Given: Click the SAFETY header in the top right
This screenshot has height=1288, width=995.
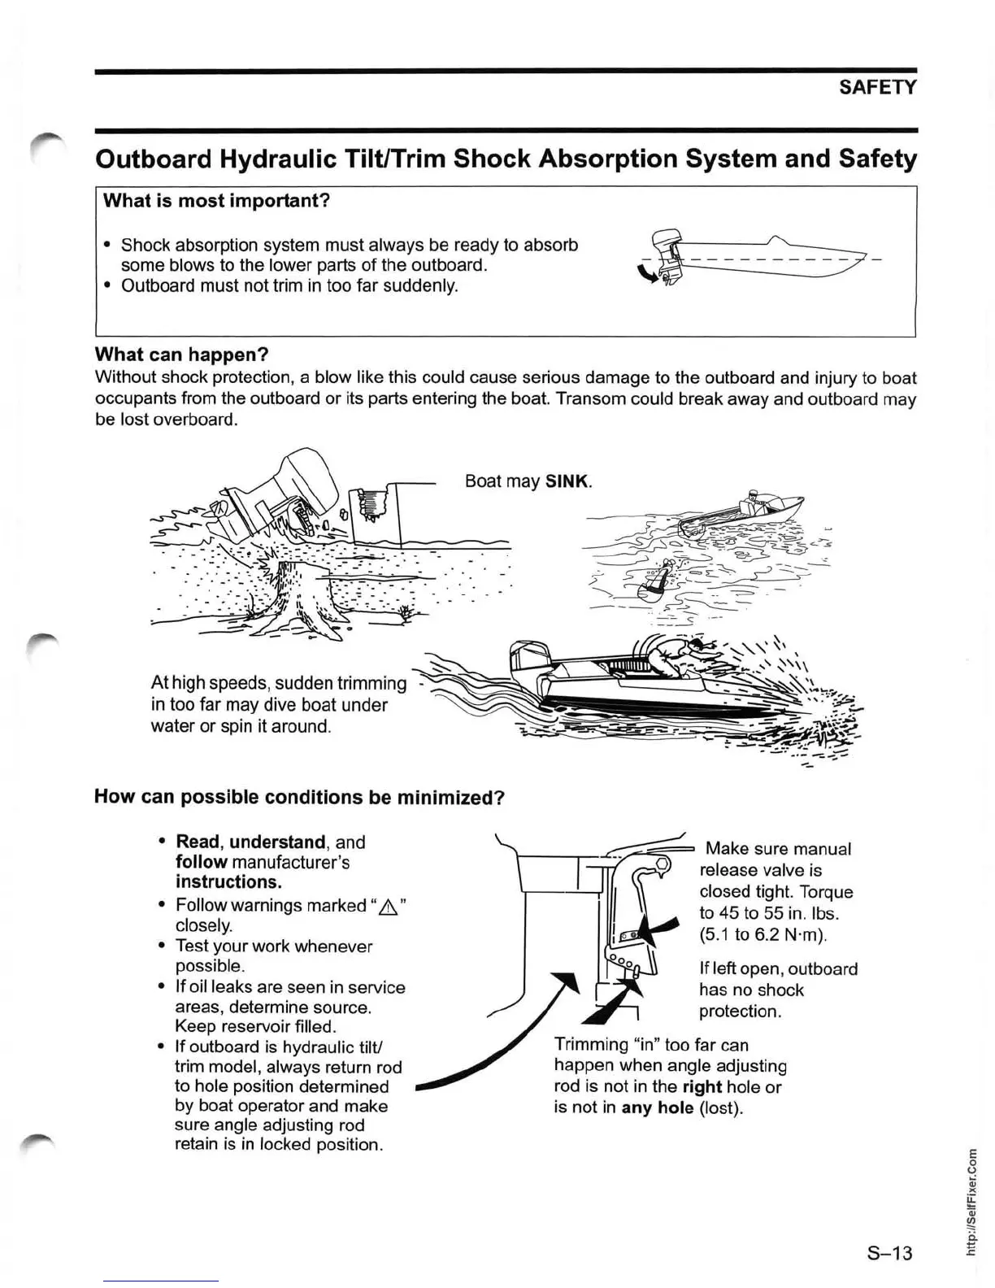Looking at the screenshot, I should pos(878,87).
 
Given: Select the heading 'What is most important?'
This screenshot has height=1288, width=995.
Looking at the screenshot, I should pos(216,200).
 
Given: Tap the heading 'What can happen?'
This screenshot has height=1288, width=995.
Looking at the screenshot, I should pos(181,355).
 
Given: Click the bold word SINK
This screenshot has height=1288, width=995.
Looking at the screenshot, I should pos(567,481).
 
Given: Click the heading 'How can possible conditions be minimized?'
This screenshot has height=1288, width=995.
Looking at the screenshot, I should pos(300,796).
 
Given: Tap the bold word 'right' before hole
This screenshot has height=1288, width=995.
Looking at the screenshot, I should pos(702,1086).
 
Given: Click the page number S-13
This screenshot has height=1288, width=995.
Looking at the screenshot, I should pos(890,1252).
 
